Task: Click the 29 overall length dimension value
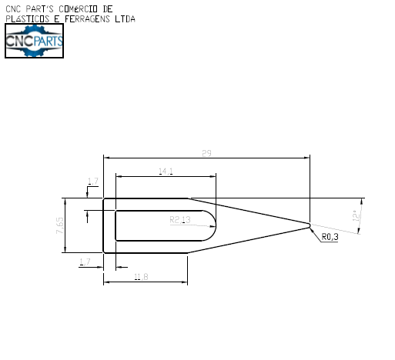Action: pyautogui.click(x=206, y=154)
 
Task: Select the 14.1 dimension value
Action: pyautogui.click(x=166, y=171)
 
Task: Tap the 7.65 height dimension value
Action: pyautogui.click(x=59, y=225)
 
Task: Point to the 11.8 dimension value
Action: pyautogui.click(x=141, y=276)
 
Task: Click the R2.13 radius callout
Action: pyautogui.click(x=179, y=220)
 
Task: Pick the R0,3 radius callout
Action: pyautogui.click(x=330, y=238)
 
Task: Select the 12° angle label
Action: pyautogui.click(x=355, y=216)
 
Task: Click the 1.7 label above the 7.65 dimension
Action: pyautogui.click(x=93, y=182)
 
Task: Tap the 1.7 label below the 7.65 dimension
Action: pyautogui.click(x=85, y=262)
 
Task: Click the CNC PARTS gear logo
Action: pyautogui.click(x=34, y=41)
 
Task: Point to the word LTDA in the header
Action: pyautogui.click(x=123, y=18)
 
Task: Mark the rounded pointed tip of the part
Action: pyautogui.click(x=310, y=225)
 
